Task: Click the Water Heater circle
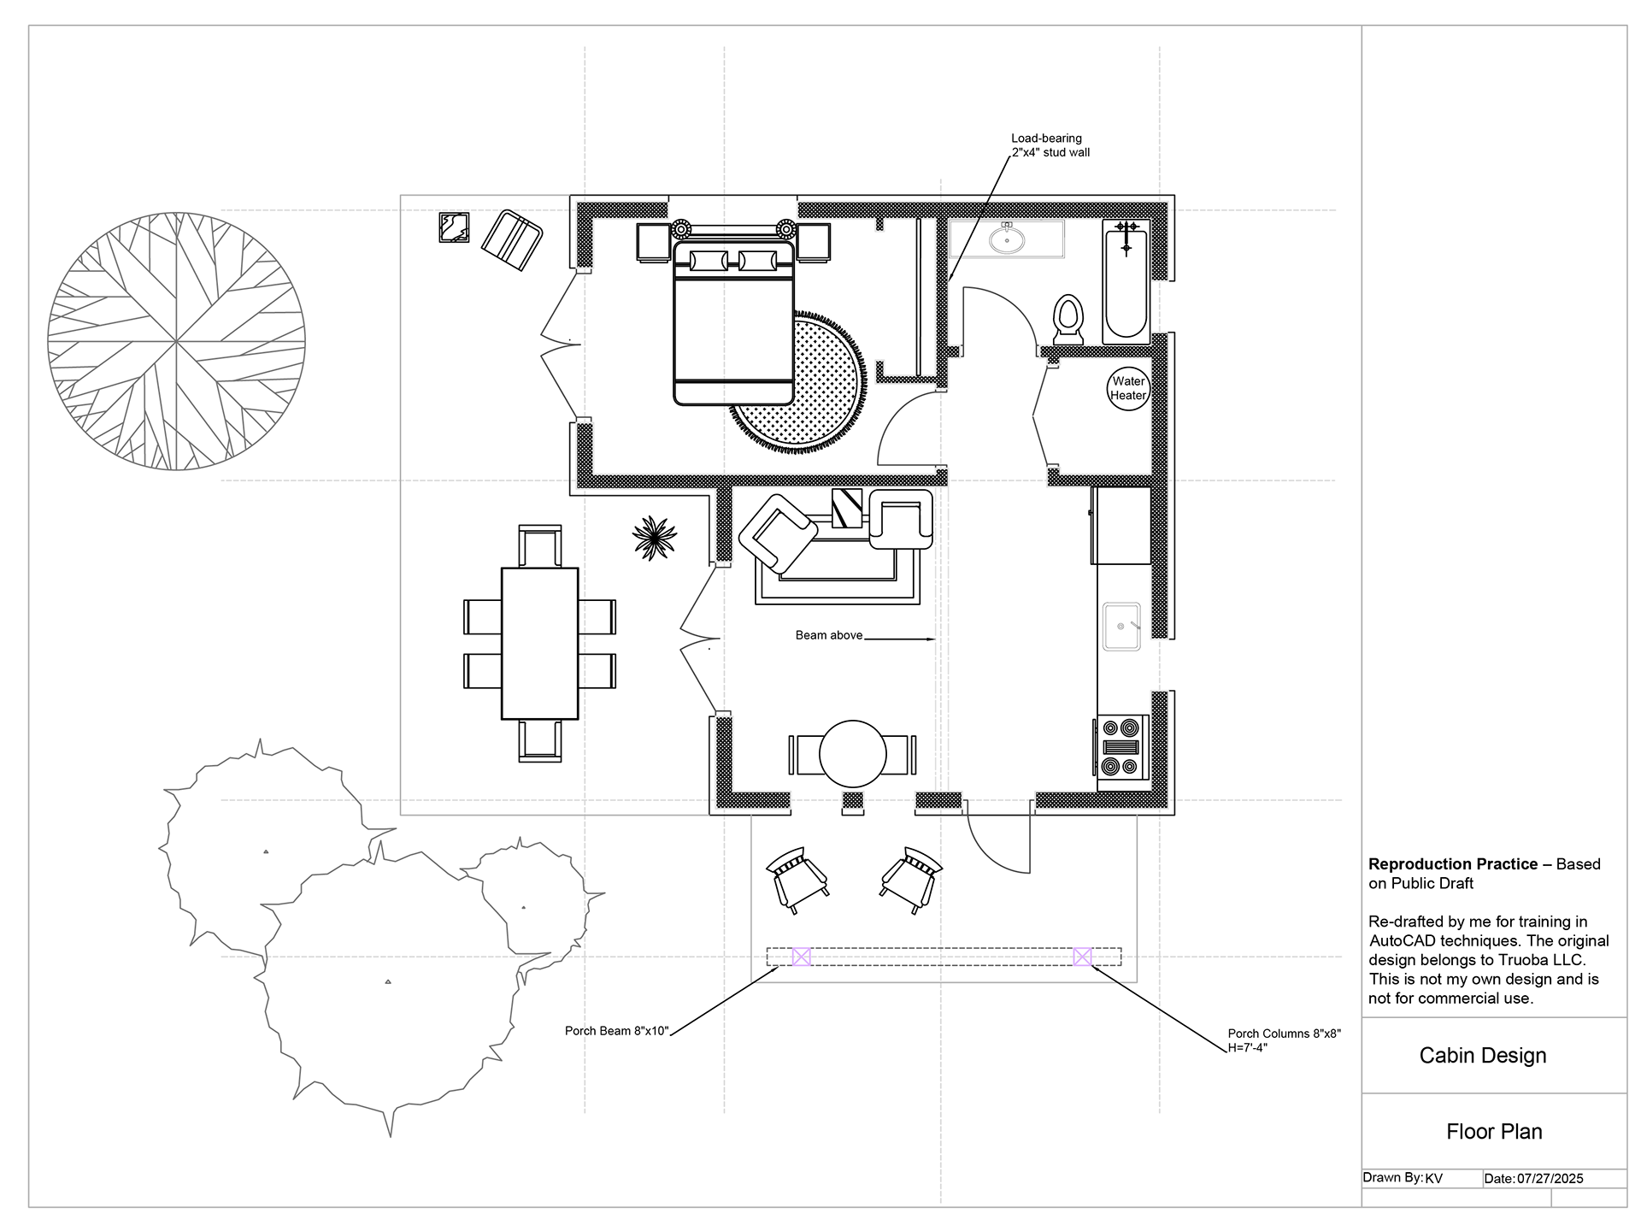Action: point(1128,389)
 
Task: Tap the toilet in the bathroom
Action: point(1068,319)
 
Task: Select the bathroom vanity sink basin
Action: point(1008,239)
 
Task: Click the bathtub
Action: point(1126,281)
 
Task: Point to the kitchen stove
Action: point(1121,746)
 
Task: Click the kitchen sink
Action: point(1121,626)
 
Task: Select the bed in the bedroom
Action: point(734,322)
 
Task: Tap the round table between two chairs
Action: point(853,753)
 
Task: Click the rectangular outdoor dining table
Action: point(539,643)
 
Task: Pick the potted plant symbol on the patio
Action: point(655,538)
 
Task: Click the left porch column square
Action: point(801,957)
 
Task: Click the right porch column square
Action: point(1082,957)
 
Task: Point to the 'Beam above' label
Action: point(829,635)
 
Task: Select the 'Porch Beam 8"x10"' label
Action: point(616,1031)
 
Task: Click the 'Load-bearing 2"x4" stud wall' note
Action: point(1050,145)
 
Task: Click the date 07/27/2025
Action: point(1550,1178)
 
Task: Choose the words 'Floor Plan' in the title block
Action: point(1494,1132)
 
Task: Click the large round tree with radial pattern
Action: point(176,341)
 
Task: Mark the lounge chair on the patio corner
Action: point(512,240)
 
